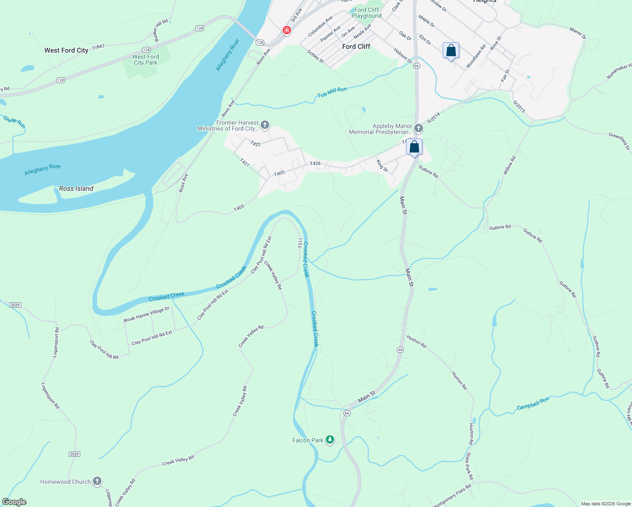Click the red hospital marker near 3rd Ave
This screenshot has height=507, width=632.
click(287, 30)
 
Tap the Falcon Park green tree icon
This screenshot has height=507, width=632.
click(330, 440)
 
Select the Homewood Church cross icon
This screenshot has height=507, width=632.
click(97, 481)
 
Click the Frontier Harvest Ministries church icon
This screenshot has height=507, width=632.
click(265, 125)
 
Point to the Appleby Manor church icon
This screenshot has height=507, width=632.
click(419, 128)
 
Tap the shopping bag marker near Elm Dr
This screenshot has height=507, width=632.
click(451, 51)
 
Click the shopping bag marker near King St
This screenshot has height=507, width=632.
click(414, 147)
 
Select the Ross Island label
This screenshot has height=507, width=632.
click(76, 188)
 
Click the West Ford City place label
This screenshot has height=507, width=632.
click(66, 50)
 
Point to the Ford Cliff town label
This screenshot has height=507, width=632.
click(356, 46)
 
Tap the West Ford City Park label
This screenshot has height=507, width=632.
click(145, 60)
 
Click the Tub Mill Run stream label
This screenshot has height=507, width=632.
click(332, 92)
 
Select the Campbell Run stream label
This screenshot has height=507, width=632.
click(533, 403)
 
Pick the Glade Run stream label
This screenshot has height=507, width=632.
click(14, 122)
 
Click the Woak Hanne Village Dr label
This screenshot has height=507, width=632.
click(146, 315)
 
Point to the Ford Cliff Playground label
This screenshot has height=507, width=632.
click(367, 13)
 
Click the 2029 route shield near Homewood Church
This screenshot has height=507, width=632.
click(74, 454)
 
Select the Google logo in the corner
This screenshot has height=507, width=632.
click(14, 502)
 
